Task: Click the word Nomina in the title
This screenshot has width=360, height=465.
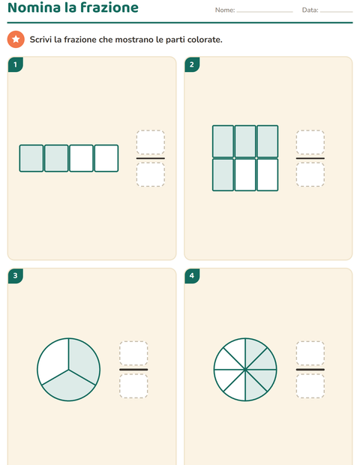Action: click(x=34, y=7)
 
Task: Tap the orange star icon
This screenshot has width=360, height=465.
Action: click(x=16, y=39)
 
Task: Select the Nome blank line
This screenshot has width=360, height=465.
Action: click(x=265, y=12)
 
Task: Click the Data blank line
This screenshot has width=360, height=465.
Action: click(x=337, y=12)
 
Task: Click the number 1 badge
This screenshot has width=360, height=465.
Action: click(x=16, y=64)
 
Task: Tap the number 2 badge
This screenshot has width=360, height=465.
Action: click(x=192, y=64)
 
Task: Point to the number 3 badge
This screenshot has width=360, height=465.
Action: click(x=16, y=276)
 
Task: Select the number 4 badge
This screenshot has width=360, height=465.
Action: click(x=192, y=276)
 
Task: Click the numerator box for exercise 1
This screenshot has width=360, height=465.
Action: click(x=151, y=142)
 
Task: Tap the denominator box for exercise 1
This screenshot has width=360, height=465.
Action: click(x=151, y=174)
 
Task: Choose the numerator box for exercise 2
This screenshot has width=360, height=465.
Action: click(x=310, y=142)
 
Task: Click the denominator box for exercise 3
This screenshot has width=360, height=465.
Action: click(x=133, y=385)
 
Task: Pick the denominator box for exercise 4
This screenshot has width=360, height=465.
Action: click(x=310, y=385)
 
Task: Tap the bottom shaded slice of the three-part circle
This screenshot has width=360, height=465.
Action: click(x=69, y=387)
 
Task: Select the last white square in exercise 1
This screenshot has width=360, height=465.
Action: click(x=106, y=158)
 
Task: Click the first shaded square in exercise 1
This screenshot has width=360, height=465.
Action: click(x=31, y=158)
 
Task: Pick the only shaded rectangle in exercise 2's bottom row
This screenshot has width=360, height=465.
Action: click(x=223, y=175)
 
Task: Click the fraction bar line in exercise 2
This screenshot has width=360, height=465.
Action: click(x=310, y=158)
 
